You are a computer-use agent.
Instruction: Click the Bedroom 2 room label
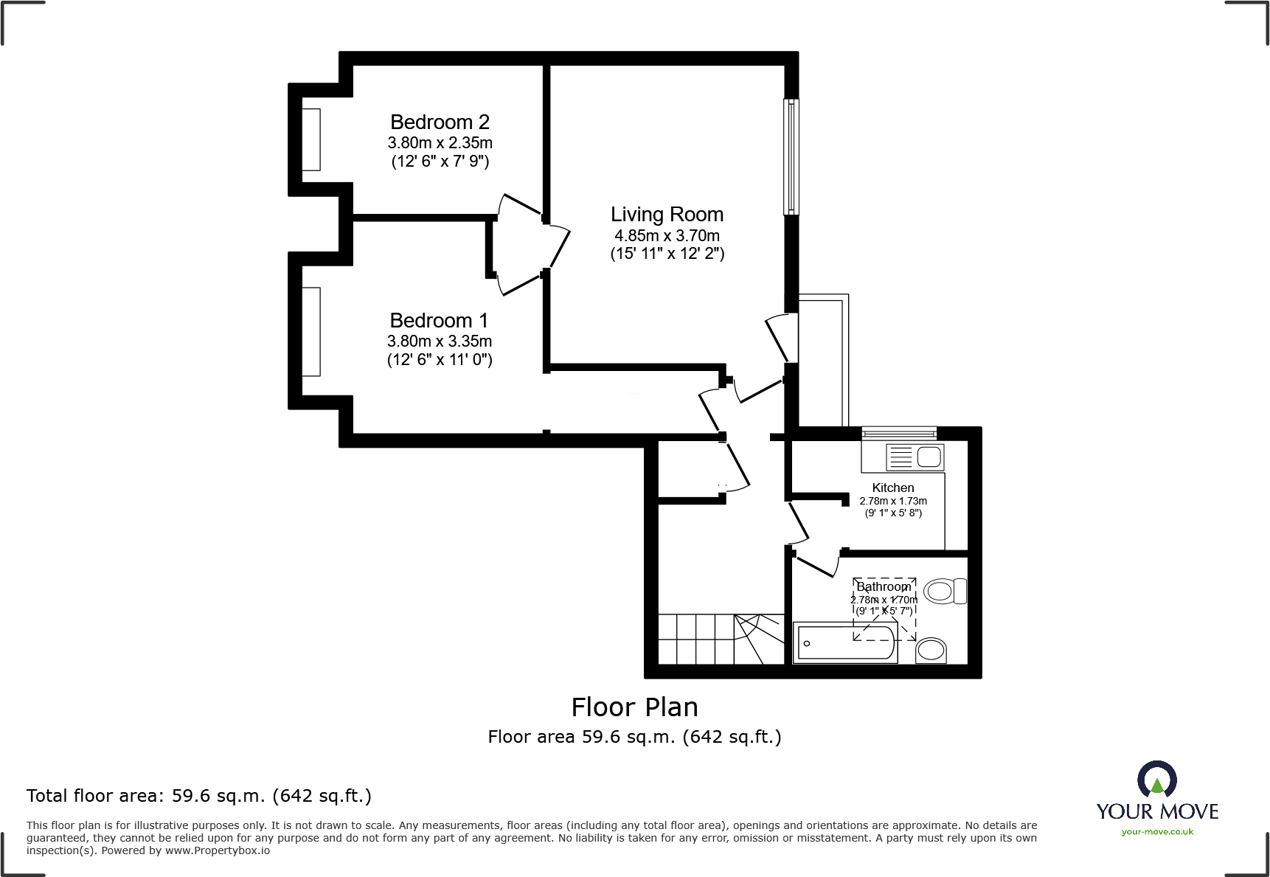click(x=440, y=122)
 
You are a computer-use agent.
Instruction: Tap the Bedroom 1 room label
click(x=439, y=320)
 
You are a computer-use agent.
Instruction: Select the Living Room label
click(x=667, y=215)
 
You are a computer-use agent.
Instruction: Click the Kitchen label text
click(x=892, y=488)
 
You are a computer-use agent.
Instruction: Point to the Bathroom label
click(x=884, y=587)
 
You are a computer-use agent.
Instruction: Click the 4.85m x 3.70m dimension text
click(x=667, y=235)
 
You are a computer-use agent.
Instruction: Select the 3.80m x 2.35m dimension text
click(x=440, y=142)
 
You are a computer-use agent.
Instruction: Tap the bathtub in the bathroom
click(x=844, y=642)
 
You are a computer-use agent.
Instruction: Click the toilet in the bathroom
click(x=945, y=591)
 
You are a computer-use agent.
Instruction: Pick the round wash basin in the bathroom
click(x=931, y=650)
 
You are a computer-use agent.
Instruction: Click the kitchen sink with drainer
click(x=914, y=457)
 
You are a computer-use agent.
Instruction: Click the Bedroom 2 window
click(x=310, y=139)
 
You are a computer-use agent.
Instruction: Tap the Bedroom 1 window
click(x=310, y=331)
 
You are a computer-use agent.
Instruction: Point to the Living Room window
click(x=791, y=156)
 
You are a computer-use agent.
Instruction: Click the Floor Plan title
click(x=634, y=707)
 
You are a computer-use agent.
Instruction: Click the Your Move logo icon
click(x=1156, y=779)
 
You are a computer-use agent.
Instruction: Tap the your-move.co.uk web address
click(x=1157, y=832)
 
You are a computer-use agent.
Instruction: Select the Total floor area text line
click(x=198, y=796)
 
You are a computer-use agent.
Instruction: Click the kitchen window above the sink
click(x=898, y=433)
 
